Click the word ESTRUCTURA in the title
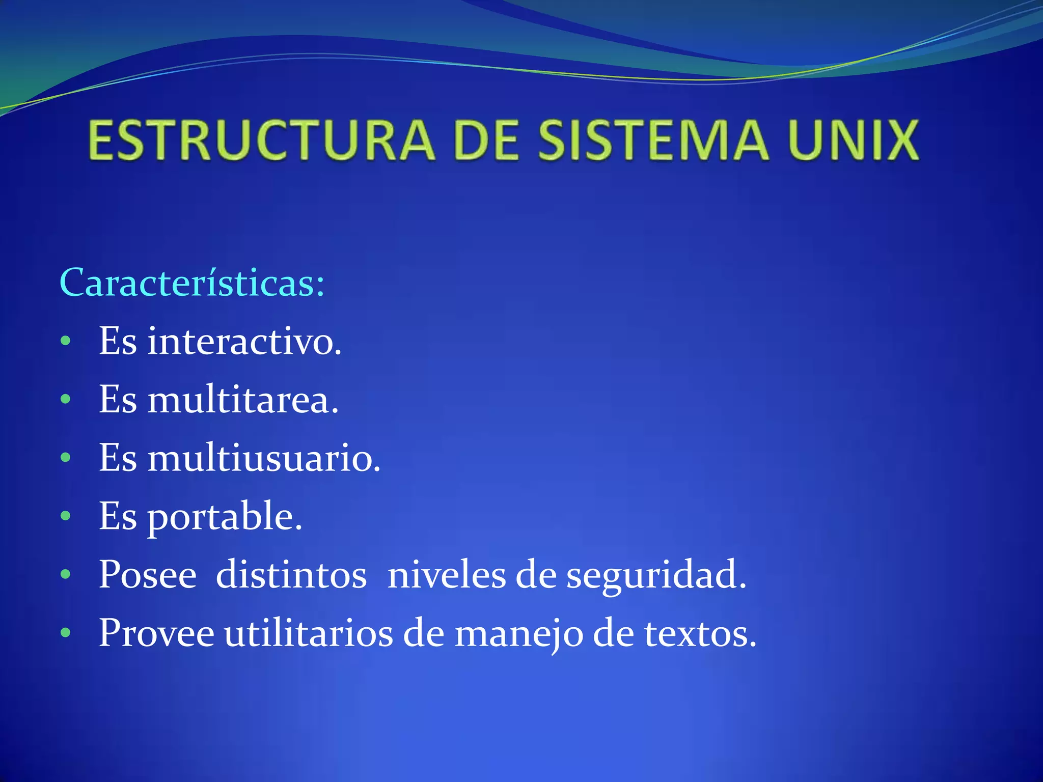(x=261, y=140)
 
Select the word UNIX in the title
(x=854, y=140)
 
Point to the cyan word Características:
(x=192, y=283)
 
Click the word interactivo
(x=244, y=341)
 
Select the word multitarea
(x=243, y=400)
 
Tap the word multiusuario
(x=264, y=458)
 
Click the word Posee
(x=148, y=575)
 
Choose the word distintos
(x=291, y=575)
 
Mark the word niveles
(x=446, y=575)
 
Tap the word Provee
(x=156, y=634)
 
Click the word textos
(x=700, y=634)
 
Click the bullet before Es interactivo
(x=65, y=342)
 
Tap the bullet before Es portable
(x=65, y=516)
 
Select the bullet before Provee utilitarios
(x=65, y=633)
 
